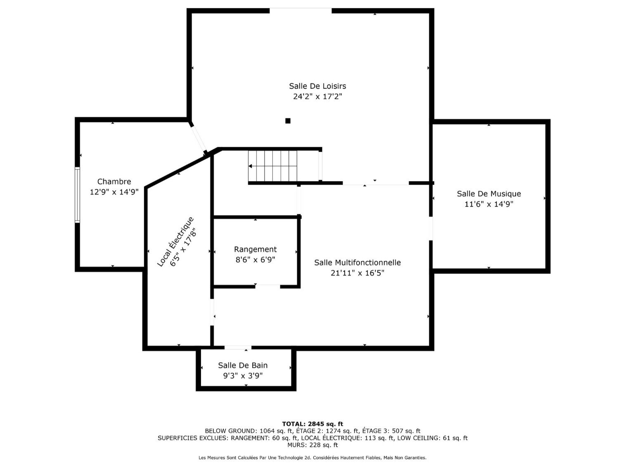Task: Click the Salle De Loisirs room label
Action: (x=317, y=86)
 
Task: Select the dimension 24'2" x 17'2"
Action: (x=317, y=97)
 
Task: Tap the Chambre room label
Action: (x=114, y=182)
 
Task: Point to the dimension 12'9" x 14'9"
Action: (x=114, y=192)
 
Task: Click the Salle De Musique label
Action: (x=489, y=193)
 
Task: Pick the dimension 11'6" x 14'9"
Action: (x=489, y=204)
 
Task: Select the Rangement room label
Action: (x=255, y=249)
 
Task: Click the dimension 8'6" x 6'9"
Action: (x=255, y=260)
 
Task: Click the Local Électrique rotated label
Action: (x=175, y=241)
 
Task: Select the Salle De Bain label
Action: (x=243, y=365)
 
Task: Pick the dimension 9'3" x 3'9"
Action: (x=243, y=376)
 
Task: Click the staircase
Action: (x=272, y=166)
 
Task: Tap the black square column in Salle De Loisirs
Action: (x=288, y=121)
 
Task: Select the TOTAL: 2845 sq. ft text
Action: (x=312, y=424)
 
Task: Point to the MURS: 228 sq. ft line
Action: (x=312, y=445)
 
